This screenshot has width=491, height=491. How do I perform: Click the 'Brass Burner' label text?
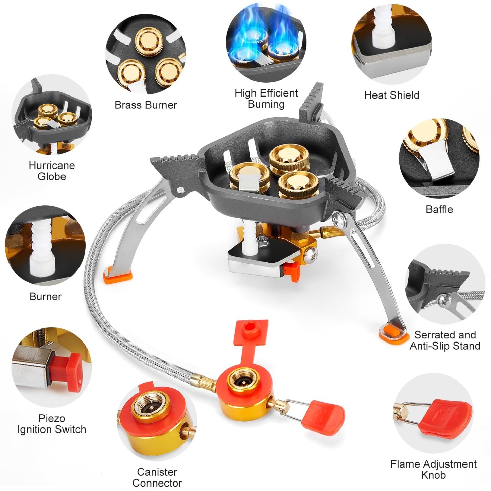(x=145, y=105)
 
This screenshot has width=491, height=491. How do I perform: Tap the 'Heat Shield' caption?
(x=391, y=95)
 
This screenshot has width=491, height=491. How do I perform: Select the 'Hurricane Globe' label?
(x=52, y=171)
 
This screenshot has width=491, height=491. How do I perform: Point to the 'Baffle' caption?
(x=439, y=209)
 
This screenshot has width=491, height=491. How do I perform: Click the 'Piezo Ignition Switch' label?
(x=52, y=424)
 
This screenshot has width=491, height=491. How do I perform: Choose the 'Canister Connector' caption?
(x=157, y=477)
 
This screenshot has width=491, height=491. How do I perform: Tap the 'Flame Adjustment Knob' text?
(x=433, y=469)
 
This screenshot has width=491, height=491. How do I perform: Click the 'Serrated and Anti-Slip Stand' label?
(x=445, y=340)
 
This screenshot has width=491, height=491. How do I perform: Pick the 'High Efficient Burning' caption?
(x=266, y=99)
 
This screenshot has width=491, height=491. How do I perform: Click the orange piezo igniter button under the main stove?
(x=292, y=272)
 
